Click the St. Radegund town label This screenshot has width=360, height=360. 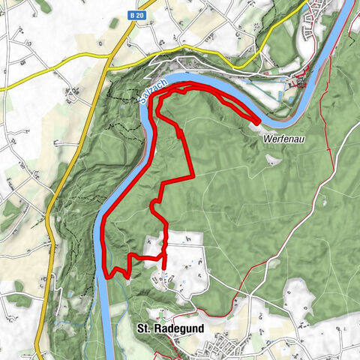pyautogui.click(x=165, y=328)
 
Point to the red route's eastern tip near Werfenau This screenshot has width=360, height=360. pyautogui.click(x=258, y=121)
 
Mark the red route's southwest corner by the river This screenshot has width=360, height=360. pyautogui.click(x=110, y=276)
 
